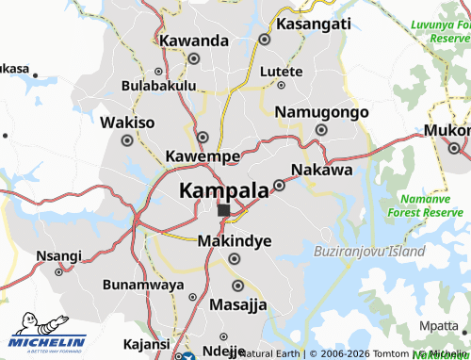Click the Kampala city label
[223, 190]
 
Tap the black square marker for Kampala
[223, 210]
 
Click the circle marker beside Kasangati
[265, 41]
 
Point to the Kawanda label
[194, 41]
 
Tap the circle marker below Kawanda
[194, 58]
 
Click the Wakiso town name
[127, 123]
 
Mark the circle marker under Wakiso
[127, 140]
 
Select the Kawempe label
[202, 155]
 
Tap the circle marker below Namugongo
[321, 130]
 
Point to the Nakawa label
[322, 171]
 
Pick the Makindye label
[235, 241]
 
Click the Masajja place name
[238, 304]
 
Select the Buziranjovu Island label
[368, 252]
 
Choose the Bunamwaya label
[144, 284]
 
